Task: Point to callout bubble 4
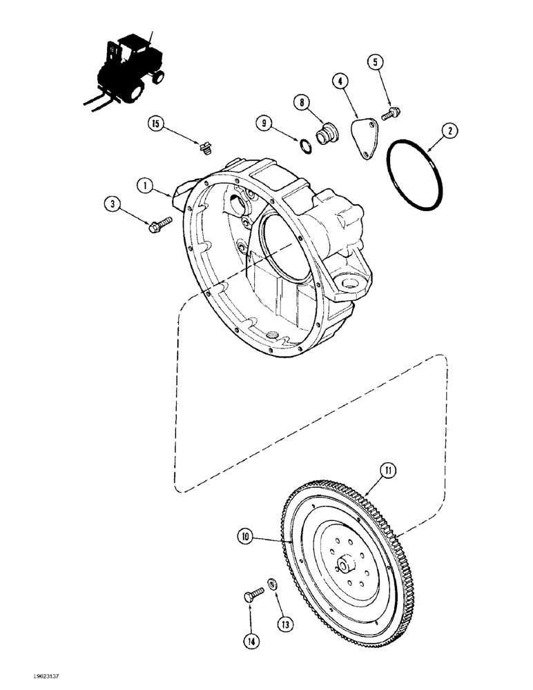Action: (x=340, y=81)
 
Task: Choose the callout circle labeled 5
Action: (x=376, y=62)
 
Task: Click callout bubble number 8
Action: (x=302, y=103)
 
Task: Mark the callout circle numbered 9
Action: (x=263, y=124)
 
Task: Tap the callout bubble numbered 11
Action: (x=388, y=472)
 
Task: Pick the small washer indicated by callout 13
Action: (x=274, y=585)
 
